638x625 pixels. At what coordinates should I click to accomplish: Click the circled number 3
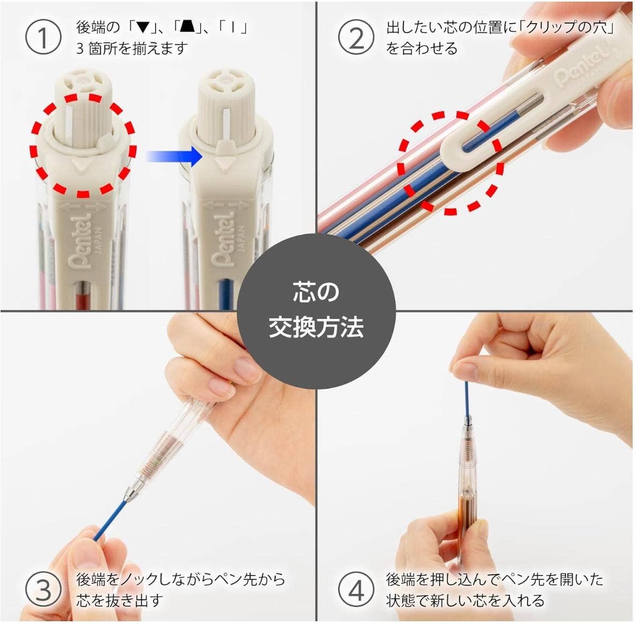pos(43,590)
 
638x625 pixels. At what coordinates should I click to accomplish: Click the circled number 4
pos(356,590)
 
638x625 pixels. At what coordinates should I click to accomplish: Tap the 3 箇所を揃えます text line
pos(132,48)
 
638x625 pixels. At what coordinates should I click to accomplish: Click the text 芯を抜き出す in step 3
pos(119,600)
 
